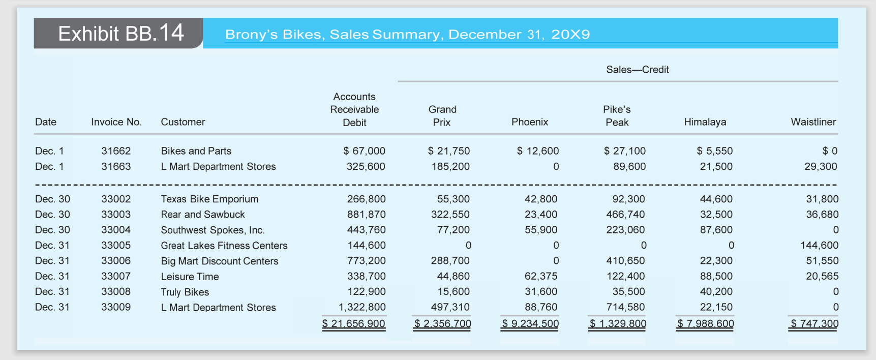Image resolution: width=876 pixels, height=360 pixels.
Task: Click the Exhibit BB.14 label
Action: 120,34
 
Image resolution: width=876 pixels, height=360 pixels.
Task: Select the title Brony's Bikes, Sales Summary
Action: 407,34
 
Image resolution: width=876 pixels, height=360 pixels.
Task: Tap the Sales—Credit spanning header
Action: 637,70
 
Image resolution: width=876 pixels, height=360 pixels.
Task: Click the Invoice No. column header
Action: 116,122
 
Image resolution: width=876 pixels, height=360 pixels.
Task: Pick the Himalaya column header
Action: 705,122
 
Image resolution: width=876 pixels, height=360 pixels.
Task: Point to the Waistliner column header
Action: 813,122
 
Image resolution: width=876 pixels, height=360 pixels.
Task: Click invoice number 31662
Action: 116,151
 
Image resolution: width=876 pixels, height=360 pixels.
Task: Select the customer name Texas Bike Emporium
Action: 209,199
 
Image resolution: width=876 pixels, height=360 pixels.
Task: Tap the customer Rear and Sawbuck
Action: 203,215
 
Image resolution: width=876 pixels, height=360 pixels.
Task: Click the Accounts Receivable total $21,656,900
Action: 354,323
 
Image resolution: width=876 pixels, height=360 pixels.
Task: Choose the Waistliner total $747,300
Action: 814,323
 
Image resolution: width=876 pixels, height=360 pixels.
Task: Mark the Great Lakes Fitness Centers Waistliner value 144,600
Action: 819,246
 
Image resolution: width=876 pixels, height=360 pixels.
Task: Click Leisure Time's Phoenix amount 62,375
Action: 541,277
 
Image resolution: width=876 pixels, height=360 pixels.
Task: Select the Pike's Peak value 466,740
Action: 625,215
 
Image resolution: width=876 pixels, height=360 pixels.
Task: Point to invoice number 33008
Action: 116,292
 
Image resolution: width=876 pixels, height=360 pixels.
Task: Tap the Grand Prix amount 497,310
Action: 450,307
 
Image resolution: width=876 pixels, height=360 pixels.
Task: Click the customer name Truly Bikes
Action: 185,292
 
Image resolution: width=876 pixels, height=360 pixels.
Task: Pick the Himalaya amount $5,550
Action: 714,151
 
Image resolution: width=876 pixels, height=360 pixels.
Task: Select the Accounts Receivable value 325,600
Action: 366,166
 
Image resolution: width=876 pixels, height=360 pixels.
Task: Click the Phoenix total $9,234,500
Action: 530,323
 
